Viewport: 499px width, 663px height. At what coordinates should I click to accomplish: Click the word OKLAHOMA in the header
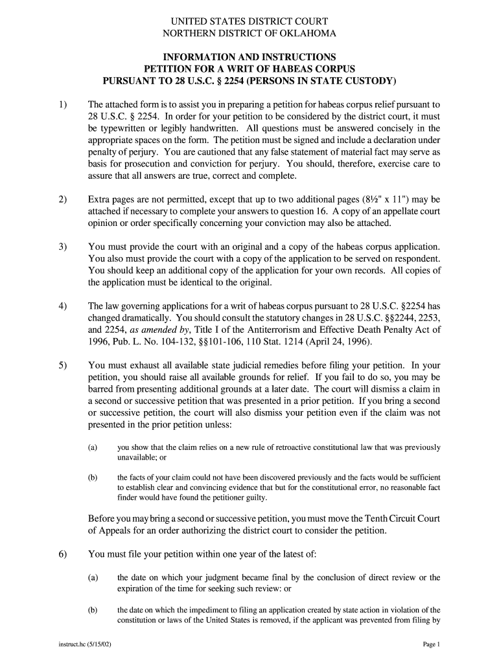coord(305,34)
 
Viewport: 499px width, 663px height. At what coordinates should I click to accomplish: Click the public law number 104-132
coord(183,341)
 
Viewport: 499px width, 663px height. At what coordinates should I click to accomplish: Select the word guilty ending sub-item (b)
coord(253,498)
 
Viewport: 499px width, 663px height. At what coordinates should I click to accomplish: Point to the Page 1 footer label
coord(431,645)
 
